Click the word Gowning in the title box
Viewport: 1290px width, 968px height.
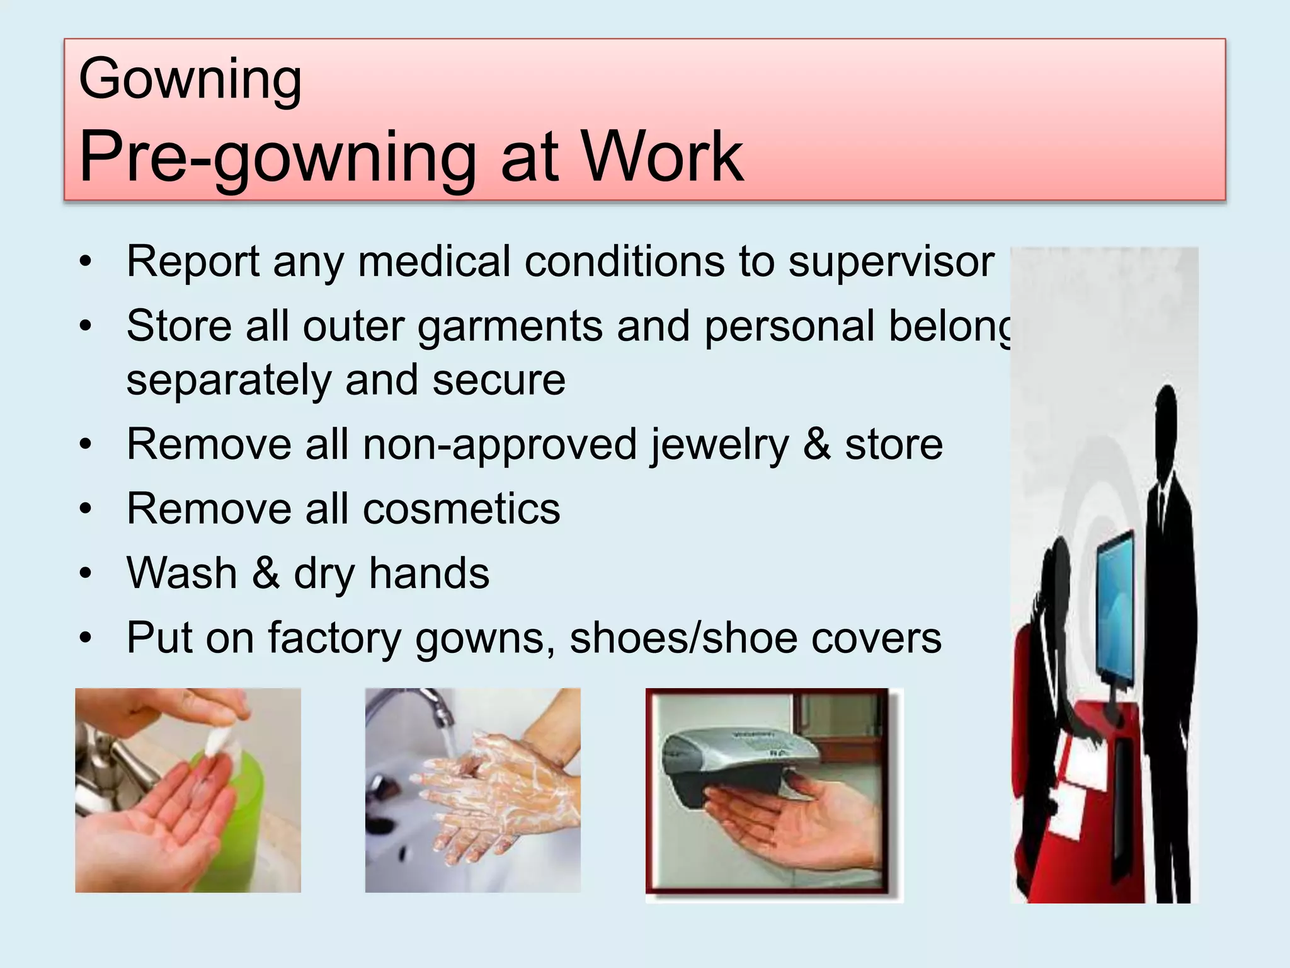pyautogui.click(x=190, y=80)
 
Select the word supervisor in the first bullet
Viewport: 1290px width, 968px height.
pyautogui.click(x=891, y=262)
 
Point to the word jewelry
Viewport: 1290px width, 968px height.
pyautogui.click(x=719, y=446)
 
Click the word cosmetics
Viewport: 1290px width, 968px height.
pyautogui.click(x=461, y=509)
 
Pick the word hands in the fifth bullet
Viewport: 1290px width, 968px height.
pyautogui.click(x=429, y=574)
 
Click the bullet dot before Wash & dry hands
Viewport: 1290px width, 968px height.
pyautogui.click(x=86, y=574)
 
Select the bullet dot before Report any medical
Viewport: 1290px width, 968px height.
pyautogui.click(x=86, y=262)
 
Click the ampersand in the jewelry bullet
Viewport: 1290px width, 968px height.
pyautogui.click(x=816, y=446)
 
